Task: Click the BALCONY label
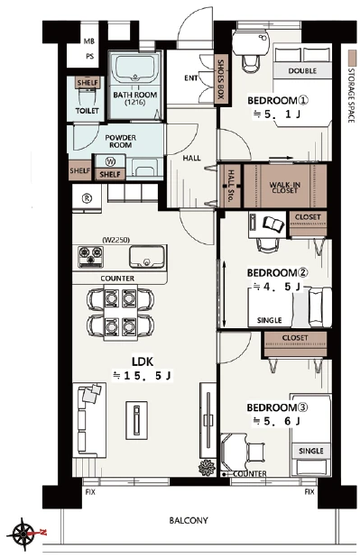[189, 521]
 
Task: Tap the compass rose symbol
[23, 534]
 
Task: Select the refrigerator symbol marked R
[87, 198]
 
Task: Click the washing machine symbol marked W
[111, 161]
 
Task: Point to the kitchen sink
[146, 257]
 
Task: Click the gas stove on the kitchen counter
[91, 257]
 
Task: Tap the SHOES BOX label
[221, 79]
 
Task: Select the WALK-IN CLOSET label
[284, 188]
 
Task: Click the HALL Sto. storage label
[231, 186]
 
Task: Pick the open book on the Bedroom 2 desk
[273, 224]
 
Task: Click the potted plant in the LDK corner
[207, 467]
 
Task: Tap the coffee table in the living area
[136, 419]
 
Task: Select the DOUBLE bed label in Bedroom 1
[302, 70]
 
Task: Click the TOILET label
[88, 111]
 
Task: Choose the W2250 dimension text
[115, 240]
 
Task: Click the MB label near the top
[89, 41]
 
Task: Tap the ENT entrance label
[191, 78]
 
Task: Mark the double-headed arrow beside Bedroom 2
[225, 294]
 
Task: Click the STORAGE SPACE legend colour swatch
[352, 56]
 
